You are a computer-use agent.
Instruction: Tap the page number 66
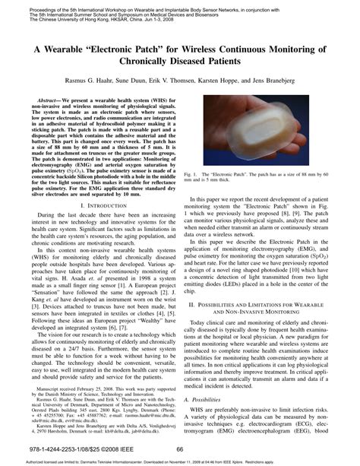coord(179,448)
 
